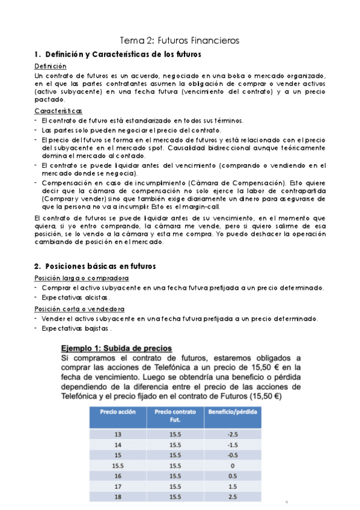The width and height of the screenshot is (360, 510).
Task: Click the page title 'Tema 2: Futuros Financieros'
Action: (x=180, y=40)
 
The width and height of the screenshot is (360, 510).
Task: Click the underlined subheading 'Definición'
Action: (x=50, y=66)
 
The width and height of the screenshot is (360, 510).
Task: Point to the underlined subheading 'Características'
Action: (x=58, y=111)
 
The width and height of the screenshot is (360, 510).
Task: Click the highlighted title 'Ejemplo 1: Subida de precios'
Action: (x=118, y=348)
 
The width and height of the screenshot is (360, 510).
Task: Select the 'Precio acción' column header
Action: (x=118, y=412)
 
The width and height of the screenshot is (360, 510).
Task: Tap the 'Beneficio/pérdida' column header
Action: (x=233, y=412)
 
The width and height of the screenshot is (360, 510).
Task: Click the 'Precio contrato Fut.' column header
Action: (x=175, y=416)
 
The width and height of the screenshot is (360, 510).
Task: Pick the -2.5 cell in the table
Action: (x=233, y=434)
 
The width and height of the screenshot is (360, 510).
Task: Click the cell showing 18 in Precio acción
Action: (x=118, y=497)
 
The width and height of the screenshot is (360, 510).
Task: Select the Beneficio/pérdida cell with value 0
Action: (x=233, y=465)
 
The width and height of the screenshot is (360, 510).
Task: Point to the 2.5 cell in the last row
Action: (x=233, y=497)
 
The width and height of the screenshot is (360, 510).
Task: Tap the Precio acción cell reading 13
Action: (x=118, y=434)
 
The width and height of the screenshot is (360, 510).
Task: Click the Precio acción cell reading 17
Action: (x=118, y=486)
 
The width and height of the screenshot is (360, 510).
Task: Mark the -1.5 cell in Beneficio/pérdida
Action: (x=233, y=444)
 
